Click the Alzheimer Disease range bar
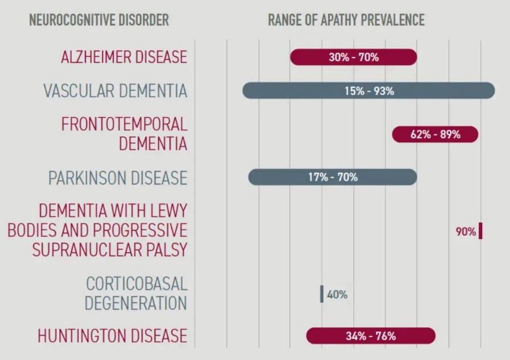[353, 57]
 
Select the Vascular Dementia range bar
[368, 91]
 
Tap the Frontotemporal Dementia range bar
[435, 134]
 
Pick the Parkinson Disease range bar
[332, 177]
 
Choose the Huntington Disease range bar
[371, 336]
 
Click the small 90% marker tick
[481, 231]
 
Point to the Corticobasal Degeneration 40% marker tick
[322, 294]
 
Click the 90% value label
[466, 232]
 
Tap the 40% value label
[337, 294]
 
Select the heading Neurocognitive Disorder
[98, 21]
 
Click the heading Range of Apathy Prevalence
[346, 21]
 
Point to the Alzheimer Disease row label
[124, 57]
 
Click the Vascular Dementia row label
[115, 91]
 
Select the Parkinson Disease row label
[117, 178]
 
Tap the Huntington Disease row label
[112, 336]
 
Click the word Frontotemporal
[124, 124]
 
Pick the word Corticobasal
[137, 283]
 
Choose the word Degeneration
[135, 303]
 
